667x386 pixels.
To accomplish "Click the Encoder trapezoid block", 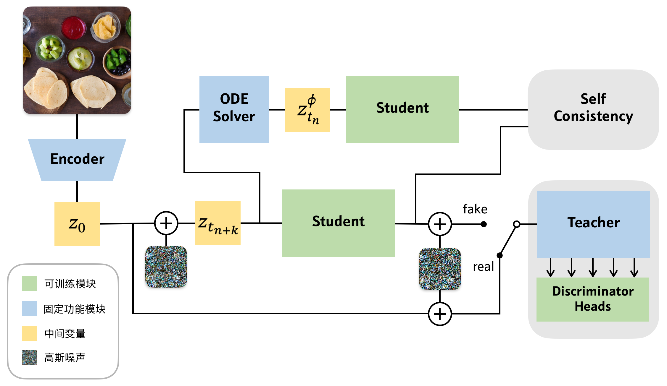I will click(x=77, y=160).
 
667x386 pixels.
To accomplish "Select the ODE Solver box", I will click(x=234, y=110).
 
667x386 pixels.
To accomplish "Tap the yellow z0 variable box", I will click(x=77, y=224).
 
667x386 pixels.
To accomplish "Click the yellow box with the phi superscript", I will click(x=307, y=110).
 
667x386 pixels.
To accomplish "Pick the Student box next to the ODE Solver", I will click(x=402, y=109).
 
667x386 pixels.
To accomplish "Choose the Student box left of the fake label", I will click(x=339, y=223).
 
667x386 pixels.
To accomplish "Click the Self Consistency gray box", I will click(x=593, y=110).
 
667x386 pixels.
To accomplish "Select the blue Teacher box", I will click(x=593, y=224).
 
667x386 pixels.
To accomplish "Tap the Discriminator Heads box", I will click(x=593, y=299).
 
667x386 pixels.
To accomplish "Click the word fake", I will click(x=475, y=209).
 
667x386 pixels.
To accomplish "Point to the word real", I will click(x=483, y=267).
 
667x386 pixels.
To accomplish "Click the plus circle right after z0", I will click(x=166, y=223).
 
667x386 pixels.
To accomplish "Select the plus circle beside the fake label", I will click(x=440, y=224).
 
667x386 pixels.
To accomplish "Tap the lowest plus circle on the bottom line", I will click(x=440, y=314).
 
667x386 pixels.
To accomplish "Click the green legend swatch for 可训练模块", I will click(x=30, y=283).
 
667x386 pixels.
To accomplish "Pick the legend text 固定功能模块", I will click(x=75, y=309).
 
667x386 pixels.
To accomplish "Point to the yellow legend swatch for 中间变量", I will click(x=30, y=333).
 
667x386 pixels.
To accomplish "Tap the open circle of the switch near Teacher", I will click(x=517, y=224).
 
